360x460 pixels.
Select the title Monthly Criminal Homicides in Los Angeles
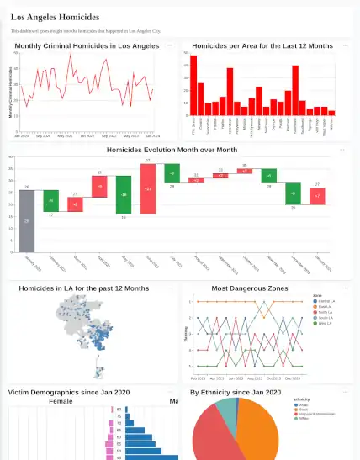coord(87,45)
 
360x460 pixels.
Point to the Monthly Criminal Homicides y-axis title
coord(11,90)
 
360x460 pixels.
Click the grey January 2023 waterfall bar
coord(27,220)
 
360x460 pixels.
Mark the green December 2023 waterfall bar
coord(293,193)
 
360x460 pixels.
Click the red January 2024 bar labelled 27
coord(317,196)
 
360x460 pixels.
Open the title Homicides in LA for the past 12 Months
coord(84,288)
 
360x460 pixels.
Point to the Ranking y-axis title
coord(185,336)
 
